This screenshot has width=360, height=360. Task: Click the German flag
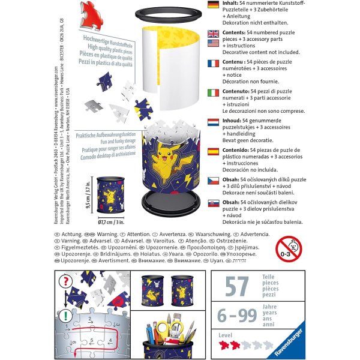[212, 5]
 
